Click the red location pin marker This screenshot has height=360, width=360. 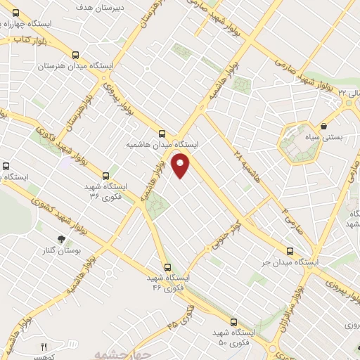(x=181, y=167)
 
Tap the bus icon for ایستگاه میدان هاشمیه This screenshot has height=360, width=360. (x=163, y=133)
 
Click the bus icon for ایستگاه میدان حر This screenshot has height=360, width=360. (x=290, y=252)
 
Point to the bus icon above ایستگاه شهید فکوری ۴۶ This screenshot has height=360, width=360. (x=167, y=267)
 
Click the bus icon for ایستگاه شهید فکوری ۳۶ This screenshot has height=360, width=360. (x=106, y=176)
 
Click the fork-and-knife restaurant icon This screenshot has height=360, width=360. (x=44, y=347)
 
